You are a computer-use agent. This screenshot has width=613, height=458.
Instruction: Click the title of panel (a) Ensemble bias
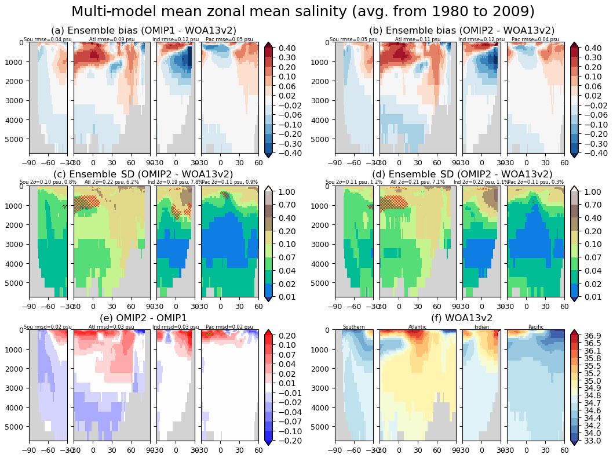143,30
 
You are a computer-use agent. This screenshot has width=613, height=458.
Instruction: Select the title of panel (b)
462,30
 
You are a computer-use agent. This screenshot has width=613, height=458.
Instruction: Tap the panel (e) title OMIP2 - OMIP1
143,318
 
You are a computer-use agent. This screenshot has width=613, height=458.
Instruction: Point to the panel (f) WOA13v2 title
462,318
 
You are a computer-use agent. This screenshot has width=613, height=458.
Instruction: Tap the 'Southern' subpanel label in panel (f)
353,327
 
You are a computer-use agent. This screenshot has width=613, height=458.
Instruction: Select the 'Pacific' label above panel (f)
536,327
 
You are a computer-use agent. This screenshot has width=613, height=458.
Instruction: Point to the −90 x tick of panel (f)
335,450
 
